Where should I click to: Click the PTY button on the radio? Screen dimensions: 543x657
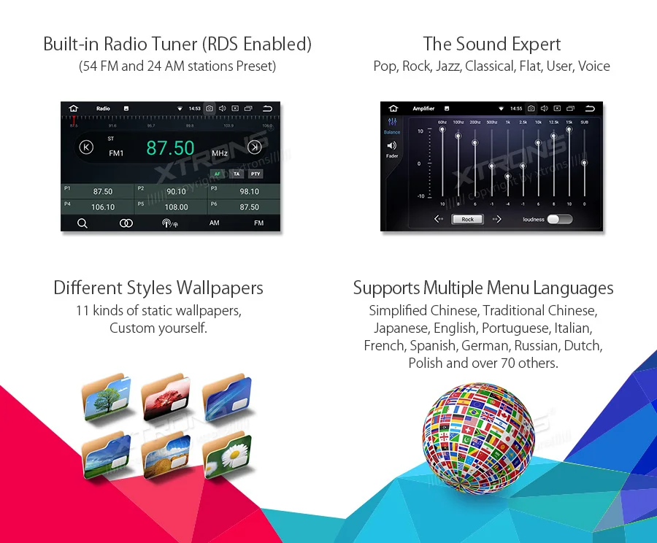pyautogui.click(x=255, y=174)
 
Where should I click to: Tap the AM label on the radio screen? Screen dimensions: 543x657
pyautogui.click(x=214, y=223)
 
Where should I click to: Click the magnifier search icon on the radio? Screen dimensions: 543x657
pyautogui.click(x=82, y=223)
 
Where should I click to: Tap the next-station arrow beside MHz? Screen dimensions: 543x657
pyautogui.click(x=254, y=147)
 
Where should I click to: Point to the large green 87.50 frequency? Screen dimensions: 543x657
pyautogui.click(x=170, y=148)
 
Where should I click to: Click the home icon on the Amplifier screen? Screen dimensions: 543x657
pyautogui.click(x=393, y=108)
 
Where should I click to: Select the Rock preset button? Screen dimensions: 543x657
pyautogui.click(x=467, y=219)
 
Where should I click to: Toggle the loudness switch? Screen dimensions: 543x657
pyautogui.click(x=559, y=219)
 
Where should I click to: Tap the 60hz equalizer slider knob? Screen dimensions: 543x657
pyautogui.click(x=442, y=130)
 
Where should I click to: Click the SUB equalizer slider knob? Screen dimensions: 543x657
pyautogui.click(x=584, y=163)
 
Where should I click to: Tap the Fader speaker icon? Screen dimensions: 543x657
pyautogui.click(x=392, y=146)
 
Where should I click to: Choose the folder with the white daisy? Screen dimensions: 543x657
pyautogui.click(x=227, y=454)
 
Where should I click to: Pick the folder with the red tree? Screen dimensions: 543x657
pyautogui.click(x=166, y=398)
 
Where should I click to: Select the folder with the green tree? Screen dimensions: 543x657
pyautogui.click(x=107, y=398)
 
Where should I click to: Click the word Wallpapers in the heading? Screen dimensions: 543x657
pyautogui.click(x=218, y=288)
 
